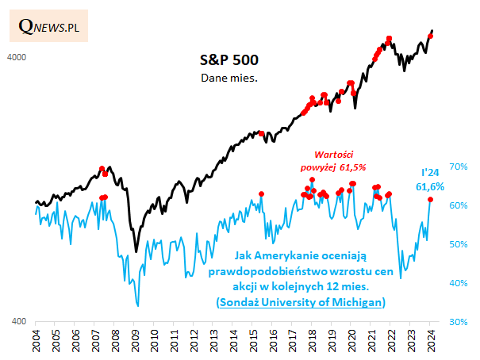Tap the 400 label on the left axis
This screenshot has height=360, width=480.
[19, 322]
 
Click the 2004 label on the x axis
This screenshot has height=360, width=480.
[36, 341]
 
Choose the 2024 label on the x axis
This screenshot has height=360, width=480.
[431, 341]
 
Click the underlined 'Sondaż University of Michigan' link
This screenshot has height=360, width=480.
[301, 302]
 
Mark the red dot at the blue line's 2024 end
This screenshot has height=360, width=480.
[430, 199]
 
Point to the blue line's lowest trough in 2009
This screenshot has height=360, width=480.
[138, 304]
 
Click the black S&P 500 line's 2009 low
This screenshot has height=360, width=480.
[136, 251]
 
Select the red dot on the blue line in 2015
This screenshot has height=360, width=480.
[262, 194]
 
